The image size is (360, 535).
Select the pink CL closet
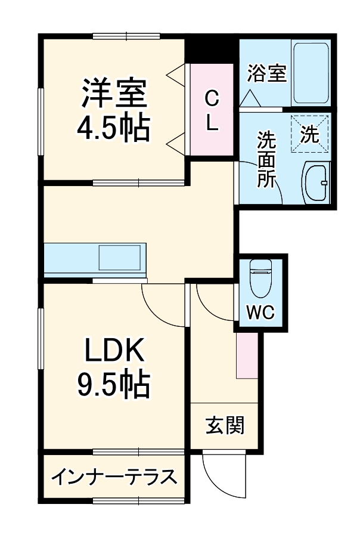212,110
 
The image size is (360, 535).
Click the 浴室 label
266,74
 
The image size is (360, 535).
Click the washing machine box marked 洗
309,134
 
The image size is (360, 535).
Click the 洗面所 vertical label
266,160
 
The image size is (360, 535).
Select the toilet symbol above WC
260,279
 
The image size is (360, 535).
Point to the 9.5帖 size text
113,385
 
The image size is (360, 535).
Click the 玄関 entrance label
225,426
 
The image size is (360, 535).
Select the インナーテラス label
114,477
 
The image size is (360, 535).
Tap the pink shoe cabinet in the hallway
247,355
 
